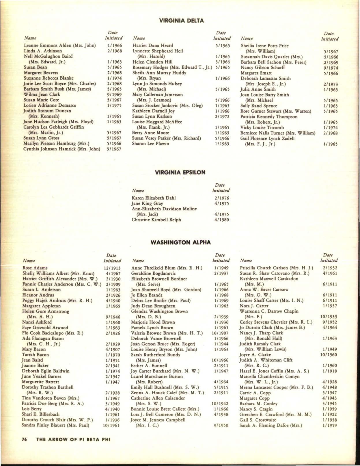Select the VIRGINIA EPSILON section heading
180,172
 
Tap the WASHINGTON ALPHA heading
181,242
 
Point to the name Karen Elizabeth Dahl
154,198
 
